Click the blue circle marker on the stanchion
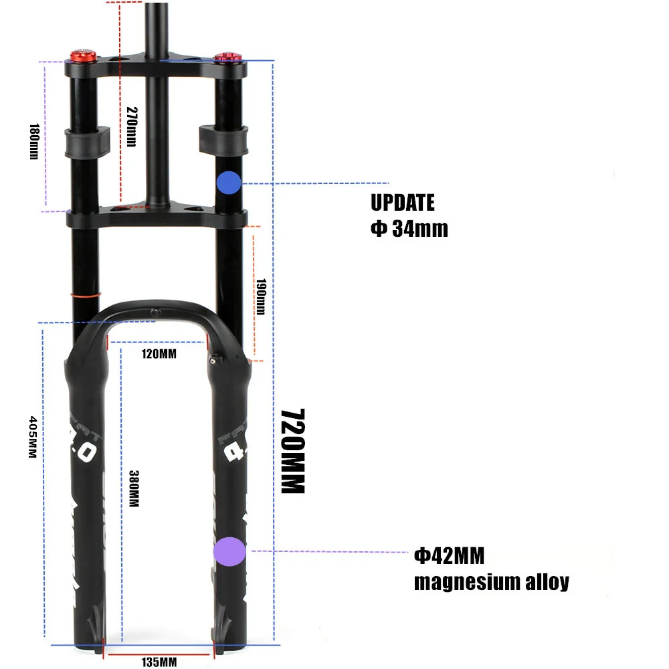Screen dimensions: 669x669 pyautogui.click(x=229, y=183)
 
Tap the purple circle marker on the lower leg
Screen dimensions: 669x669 pyautogui.click(x=229, y=551)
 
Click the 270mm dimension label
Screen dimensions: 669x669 pyautogui.click(x=131, y=127)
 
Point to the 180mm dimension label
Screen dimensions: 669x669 pyautogui.click(x=34, y=141)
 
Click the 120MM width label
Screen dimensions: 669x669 pyautogui.click(x=159, y=353)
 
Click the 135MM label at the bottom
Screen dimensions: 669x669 pyautogui.click(x=159, y=662)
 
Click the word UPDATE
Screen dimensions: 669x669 pyautogui.click(x=403, y=202)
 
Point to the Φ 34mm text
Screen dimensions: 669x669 pyautogui.click(x=409, y=229)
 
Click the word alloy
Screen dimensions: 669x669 pyautogui.click(x=546, y=582)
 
